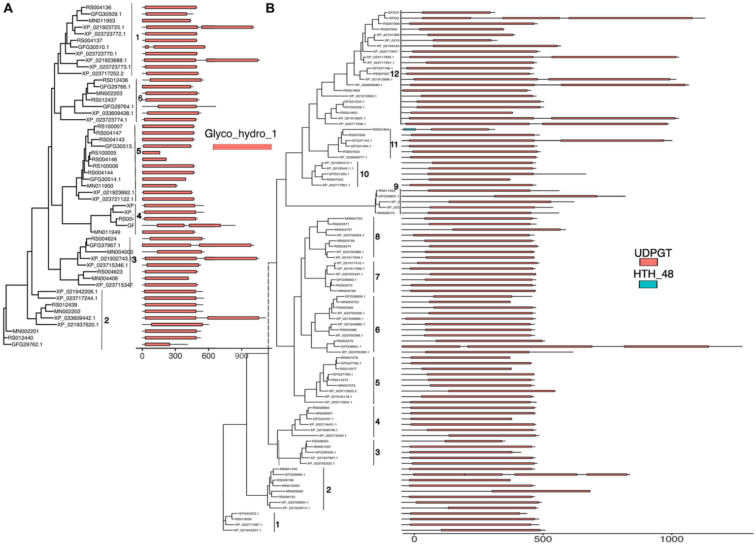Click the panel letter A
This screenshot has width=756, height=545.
(8, 8)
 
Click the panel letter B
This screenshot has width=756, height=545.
(270, 8)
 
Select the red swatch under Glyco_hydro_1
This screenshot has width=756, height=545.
(242, 147)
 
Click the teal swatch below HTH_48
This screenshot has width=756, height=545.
(648, 284)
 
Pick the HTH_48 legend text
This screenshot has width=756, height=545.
(653, 274)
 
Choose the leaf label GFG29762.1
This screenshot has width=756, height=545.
(27, 344)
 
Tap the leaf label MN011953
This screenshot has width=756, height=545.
(102, 21)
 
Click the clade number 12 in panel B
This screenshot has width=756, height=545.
(394, 73)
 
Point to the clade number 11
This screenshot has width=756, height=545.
(394, 144)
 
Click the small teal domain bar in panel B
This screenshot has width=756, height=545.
(409, 129)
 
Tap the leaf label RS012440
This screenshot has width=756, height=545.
(21, 338)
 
